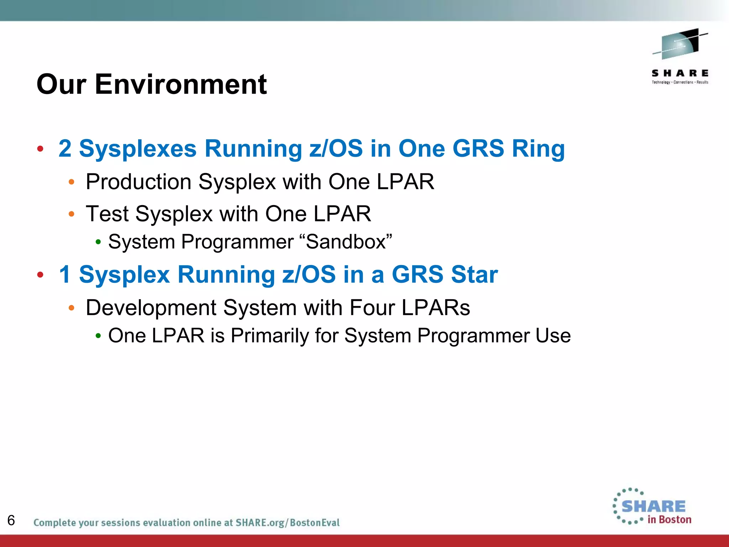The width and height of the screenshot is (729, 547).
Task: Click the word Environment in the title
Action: [180, 84]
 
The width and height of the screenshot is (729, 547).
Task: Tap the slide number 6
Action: [11, 520]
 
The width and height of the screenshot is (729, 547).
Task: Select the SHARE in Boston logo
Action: [652, 507]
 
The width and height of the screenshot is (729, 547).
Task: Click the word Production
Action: [138, 182]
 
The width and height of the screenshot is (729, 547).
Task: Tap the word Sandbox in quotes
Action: [346, 242]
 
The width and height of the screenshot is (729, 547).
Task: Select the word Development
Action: [151, 308]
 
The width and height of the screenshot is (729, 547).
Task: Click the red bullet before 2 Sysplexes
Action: [40, 149]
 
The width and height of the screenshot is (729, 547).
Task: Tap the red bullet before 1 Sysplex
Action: [40, 275]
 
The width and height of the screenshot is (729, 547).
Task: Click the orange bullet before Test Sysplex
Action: [72, 214]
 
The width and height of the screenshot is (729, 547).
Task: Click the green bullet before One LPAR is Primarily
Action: [98, 336]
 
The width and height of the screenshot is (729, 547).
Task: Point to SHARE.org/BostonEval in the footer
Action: [287, 522]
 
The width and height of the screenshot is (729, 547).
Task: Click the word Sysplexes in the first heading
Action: [138, 148]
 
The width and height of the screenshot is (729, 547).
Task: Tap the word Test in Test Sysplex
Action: [107, 214]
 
